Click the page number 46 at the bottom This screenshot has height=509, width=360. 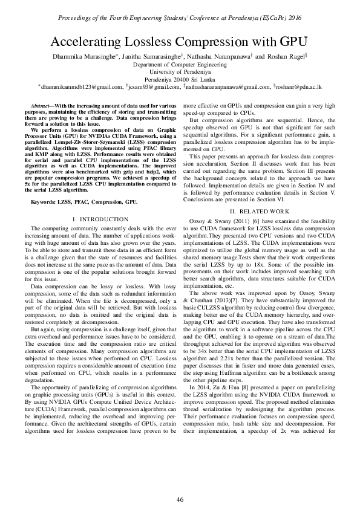click(x=180, y=482)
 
